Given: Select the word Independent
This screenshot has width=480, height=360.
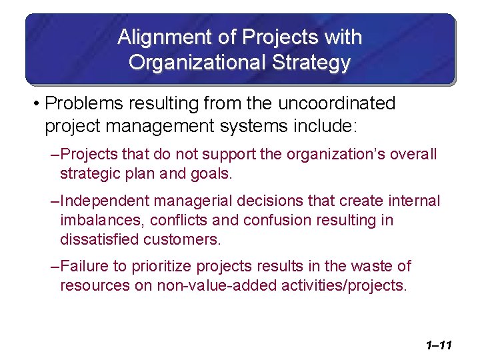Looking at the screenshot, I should click(104, 201).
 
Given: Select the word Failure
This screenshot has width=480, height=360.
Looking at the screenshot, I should click(84, 267).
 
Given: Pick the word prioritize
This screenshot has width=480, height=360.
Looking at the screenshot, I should click(160, 267).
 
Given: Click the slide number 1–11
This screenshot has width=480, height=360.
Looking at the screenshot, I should click(437, 345).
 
